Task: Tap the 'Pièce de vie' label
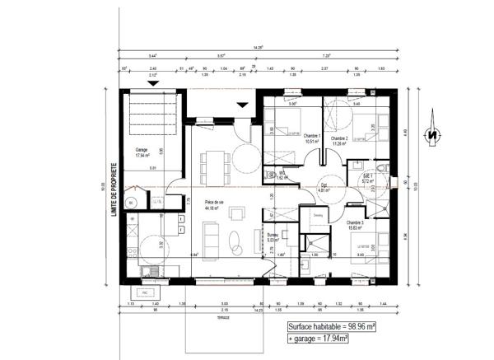[x=215, y=207]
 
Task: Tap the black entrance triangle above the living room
[x=241, y=105]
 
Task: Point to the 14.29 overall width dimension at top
[x=261, y=49]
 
